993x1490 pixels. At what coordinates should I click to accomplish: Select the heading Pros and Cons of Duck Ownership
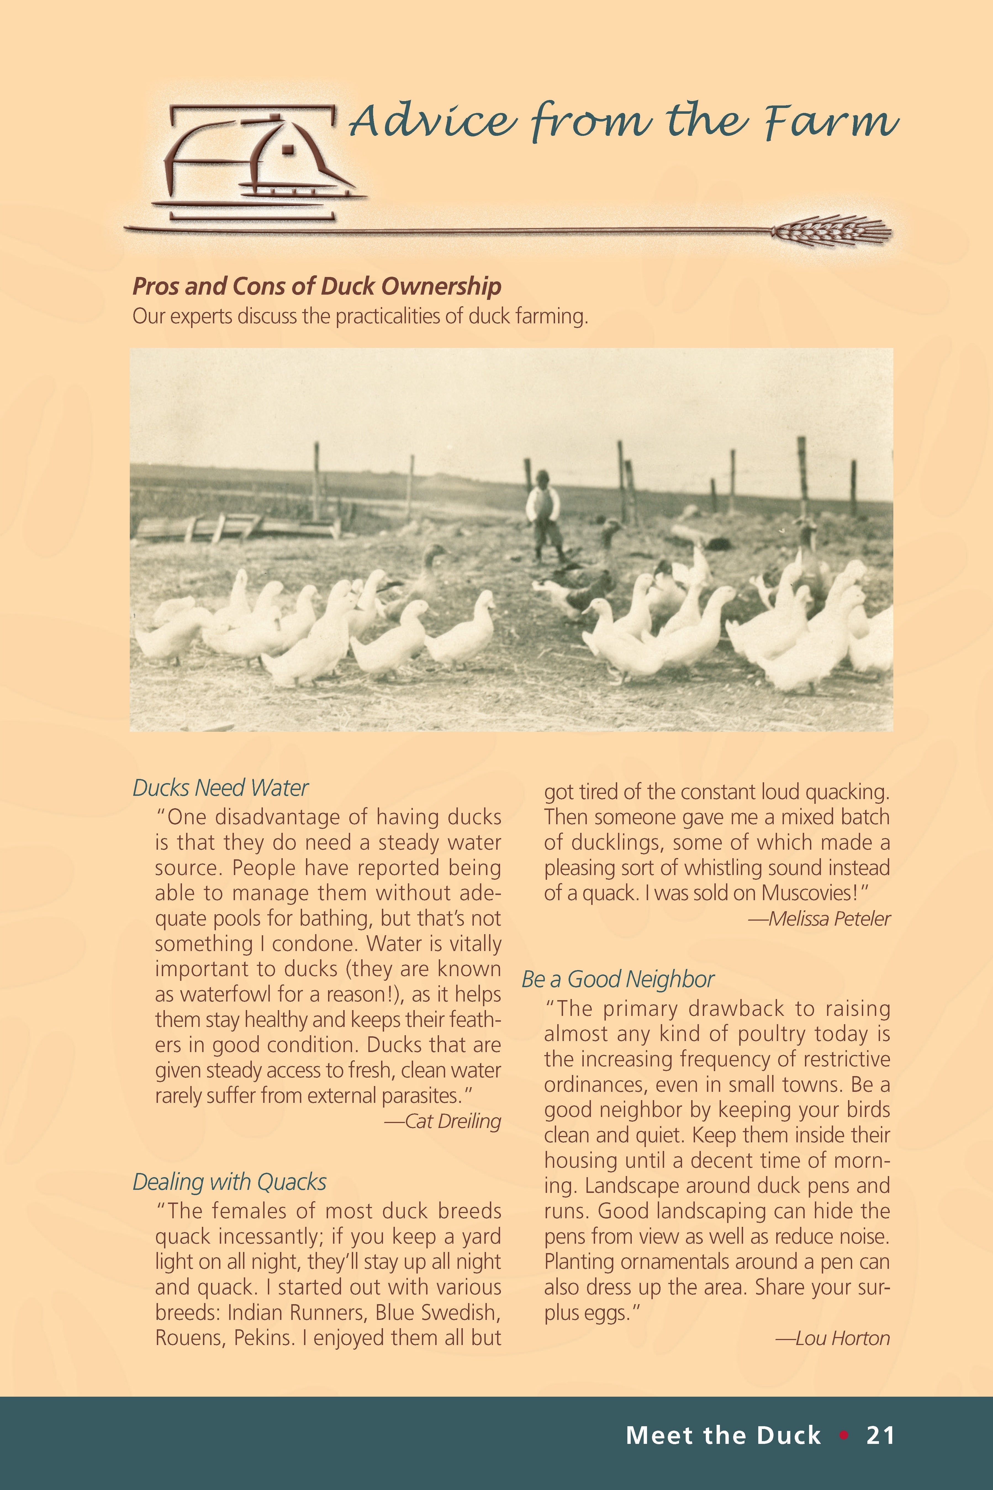[317, 286]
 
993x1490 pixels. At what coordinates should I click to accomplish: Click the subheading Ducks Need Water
[220, 788]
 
